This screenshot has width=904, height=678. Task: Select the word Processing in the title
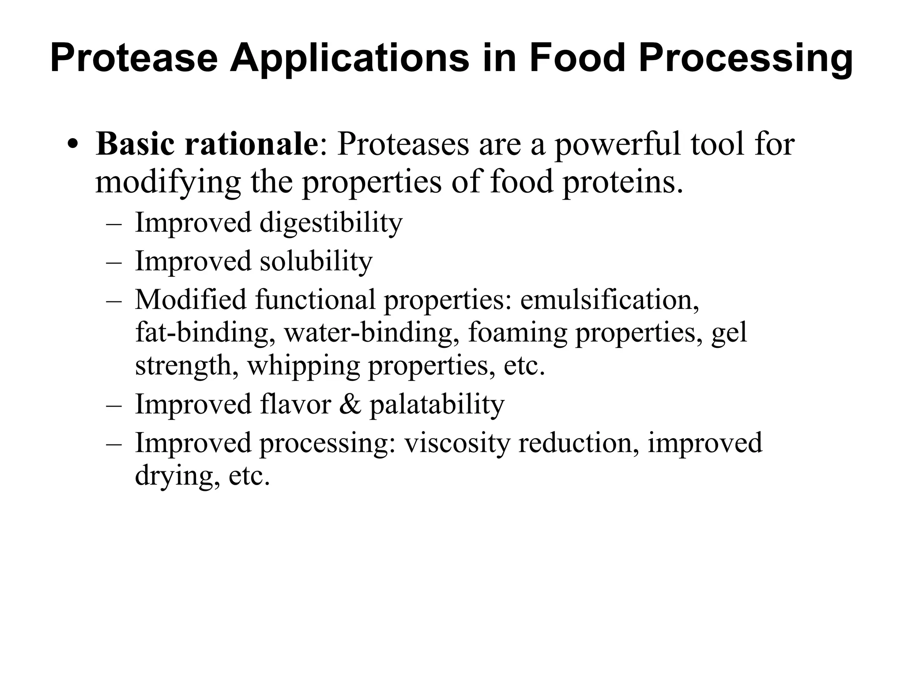746,58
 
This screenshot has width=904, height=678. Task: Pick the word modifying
168,182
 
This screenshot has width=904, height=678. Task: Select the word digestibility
331,222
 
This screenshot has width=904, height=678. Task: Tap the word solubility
316,261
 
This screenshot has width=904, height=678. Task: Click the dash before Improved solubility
114,262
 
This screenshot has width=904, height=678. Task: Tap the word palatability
437,404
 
